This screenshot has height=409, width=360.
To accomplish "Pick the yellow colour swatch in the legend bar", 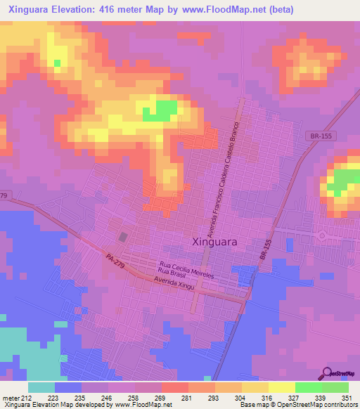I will [282, 387].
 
